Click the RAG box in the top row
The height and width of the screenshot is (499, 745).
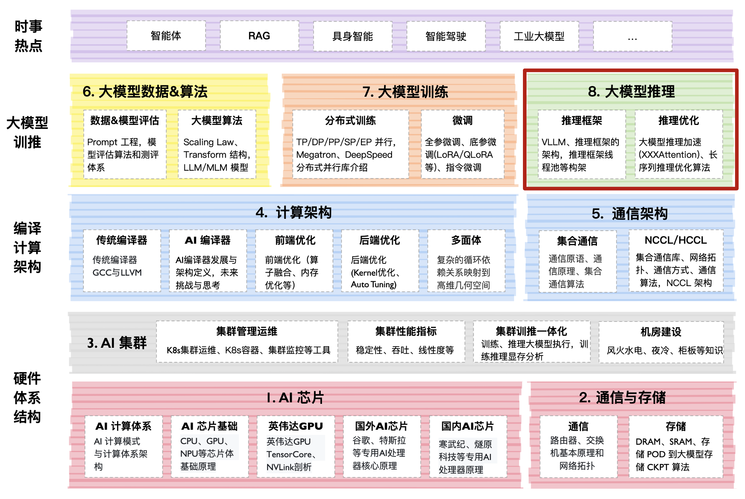259,36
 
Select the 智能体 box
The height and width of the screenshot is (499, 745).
166,36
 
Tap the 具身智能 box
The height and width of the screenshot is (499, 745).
353,36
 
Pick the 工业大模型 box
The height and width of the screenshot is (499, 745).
539,36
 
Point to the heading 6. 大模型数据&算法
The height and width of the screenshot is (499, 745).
145,92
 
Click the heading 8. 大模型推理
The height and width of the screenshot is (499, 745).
631,92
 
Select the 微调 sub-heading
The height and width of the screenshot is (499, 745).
462,120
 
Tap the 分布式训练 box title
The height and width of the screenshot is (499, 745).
350,120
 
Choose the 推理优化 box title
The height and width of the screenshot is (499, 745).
679,120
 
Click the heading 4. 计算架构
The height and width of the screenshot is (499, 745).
294,212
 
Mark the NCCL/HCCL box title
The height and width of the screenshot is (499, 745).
676,240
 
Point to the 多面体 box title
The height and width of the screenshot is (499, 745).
466,240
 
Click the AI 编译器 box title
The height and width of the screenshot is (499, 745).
208,240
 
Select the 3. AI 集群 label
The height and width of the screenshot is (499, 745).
117,343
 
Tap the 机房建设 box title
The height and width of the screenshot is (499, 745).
661,331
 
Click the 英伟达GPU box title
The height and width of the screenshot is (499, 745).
295,426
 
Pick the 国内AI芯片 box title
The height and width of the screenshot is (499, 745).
468,426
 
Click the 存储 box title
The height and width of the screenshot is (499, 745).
676,426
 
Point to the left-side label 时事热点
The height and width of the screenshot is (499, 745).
28,36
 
